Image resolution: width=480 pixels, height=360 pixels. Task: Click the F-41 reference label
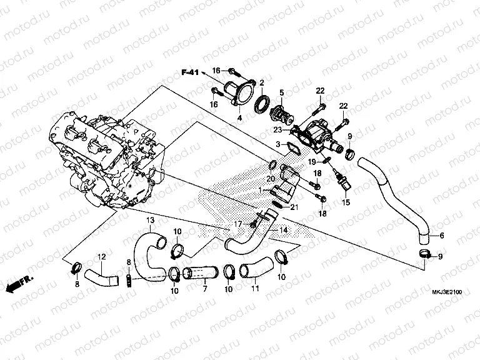pos(190,73)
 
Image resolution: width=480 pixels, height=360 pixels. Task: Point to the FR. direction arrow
pos(19,285)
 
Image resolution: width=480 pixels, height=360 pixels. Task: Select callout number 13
pos(150,221)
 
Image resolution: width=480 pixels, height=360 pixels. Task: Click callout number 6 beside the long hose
pos(441,236)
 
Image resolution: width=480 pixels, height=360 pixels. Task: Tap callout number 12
pos(101,257)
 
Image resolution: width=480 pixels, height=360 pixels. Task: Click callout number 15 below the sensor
pos(346,202)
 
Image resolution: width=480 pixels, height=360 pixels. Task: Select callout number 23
pos(276,130)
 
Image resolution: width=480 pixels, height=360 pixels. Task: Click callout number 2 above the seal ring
pos(261,83)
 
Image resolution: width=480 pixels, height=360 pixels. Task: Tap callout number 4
pos(239,117)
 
